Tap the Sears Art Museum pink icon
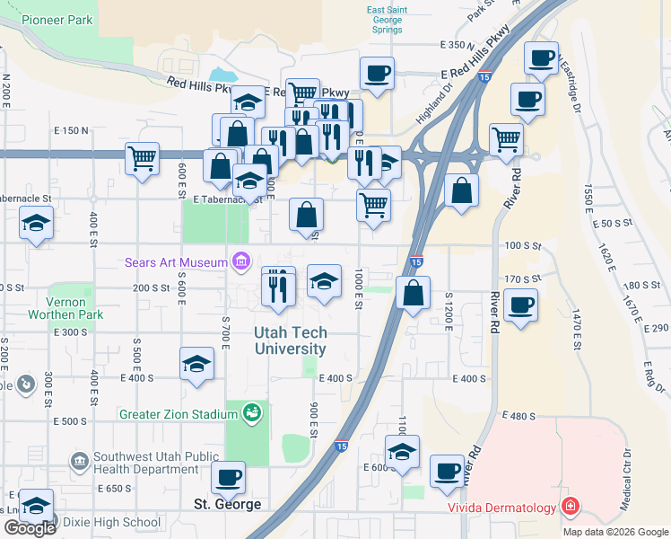[x=240, y=262]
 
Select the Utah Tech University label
[x=290, y=340]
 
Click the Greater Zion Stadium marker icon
[x=253, y=413]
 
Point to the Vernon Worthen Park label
[x=65, y=307]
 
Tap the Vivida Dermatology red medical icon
[x=570, y=508]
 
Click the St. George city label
[x=228, y=504]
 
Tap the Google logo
[x=30, y=528]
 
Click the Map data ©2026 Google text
[x=614, y=532]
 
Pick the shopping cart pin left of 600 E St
[x=143, y=159]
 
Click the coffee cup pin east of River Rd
[x=520, y=305]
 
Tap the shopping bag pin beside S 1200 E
[x=412, y=293]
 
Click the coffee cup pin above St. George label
[x=228, y=478]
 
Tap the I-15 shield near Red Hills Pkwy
[x=484, y=79]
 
